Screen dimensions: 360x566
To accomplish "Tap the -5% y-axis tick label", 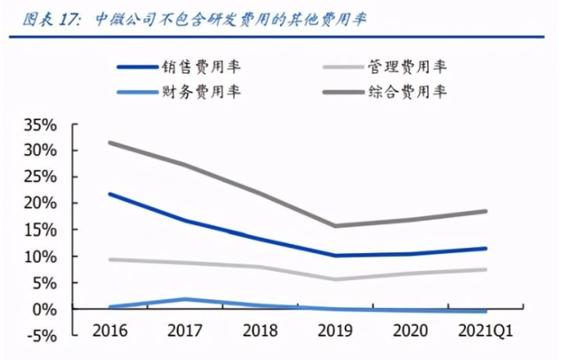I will [41, 336].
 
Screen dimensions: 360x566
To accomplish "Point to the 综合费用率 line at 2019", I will [336, 225].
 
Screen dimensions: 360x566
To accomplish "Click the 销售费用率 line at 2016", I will [111, 194].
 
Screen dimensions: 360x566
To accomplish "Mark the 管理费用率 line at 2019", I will [336, 279].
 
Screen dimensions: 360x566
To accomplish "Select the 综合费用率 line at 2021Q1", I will [485, 211].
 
